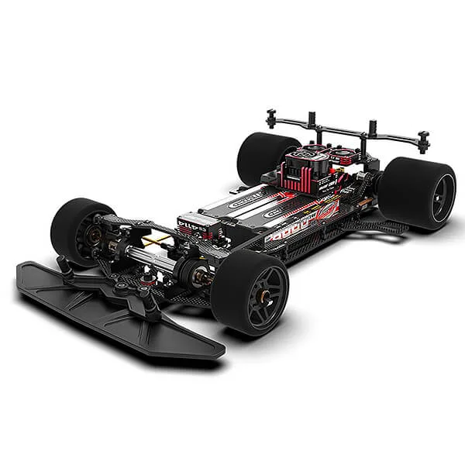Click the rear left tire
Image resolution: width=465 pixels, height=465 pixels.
(x=260, y=155)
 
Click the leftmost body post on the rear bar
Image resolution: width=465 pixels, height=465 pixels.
(x=271, y=118)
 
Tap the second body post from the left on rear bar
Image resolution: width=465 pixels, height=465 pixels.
(x=312, y=120)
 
